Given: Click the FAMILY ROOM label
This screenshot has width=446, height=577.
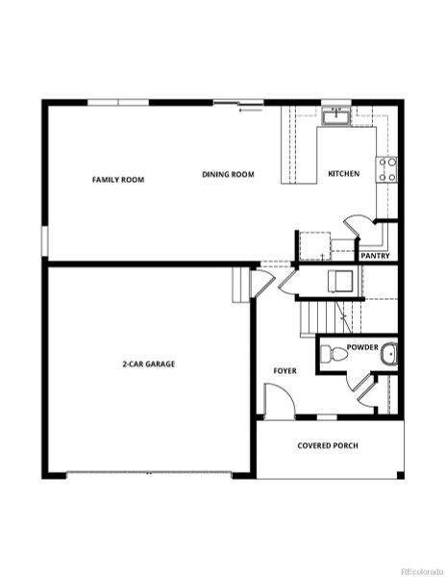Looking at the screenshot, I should click(x=118, y=179).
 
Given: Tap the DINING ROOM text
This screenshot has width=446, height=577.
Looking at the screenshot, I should click(x=228, y=174).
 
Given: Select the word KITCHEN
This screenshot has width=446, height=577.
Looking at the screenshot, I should click(x=343, y=174).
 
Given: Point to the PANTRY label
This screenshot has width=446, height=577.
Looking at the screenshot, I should click(x=373, y=256).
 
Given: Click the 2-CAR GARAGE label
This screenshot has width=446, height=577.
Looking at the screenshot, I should click(x=148, y=364).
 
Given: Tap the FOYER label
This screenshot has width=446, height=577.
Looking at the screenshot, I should click(x=285, y=369).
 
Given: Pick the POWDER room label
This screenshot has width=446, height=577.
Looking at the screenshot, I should click(x=361, y=346).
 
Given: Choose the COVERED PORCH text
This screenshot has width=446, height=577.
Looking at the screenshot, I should click(x=328, y=446).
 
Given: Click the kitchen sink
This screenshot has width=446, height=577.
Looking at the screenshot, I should click(x=335, y=116).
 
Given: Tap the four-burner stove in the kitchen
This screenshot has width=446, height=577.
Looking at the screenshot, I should click(x=388, y=170).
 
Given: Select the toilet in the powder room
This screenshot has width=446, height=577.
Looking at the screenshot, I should click(x=329, y=354).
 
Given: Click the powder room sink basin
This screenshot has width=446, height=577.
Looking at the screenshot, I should click(x=387, y=355).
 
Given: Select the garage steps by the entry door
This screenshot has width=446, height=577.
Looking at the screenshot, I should click(x=241, y=285).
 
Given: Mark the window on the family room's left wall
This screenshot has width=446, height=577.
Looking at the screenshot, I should click(x=43, y=240).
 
